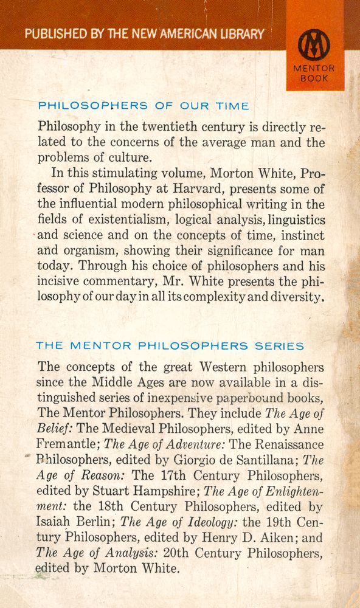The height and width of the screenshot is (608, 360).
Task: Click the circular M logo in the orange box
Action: point(313,45)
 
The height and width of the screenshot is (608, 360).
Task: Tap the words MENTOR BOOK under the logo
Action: point(314,74)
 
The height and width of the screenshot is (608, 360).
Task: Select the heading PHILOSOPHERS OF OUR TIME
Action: point(144,105)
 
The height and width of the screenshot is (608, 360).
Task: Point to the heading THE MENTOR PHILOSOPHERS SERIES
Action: point(170,346)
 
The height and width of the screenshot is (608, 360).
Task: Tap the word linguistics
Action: point(294,219)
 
